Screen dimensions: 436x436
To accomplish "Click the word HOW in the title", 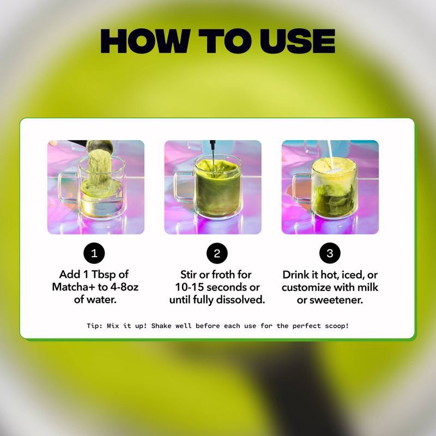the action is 146,41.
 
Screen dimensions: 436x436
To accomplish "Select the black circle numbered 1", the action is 94,253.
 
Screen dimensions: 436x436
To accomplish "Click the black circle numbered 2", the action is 217,253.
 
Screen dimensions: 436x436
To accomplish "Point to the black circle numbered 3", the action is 330,253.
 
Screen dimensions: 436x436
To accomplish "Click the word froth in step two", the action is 222,275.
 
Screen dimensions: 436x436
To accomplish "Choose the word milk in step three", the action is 367,287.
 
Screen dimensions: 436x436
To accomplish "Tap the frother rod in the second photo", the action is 213,156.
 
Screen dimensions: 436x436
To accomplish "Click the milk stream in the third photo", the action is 331,154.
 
